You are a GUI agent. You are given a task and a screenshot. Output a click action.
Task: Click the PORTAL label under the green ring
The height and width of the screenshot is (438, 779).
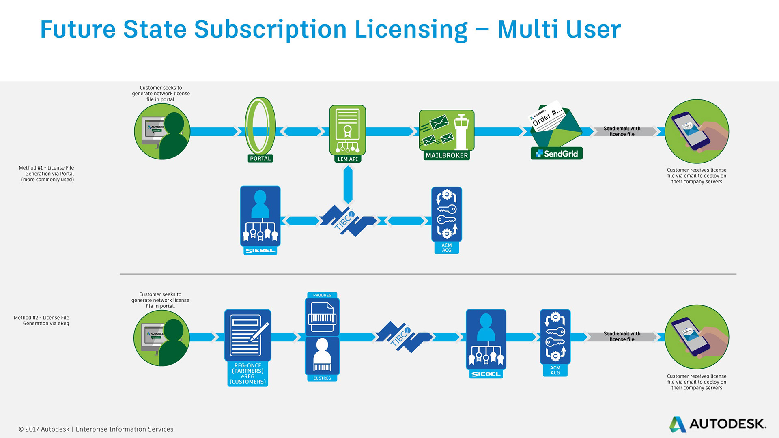point(260,159)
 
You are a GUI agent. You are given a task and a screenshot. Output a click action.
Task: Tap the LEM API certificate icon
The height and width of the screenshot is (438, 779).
point(347,130)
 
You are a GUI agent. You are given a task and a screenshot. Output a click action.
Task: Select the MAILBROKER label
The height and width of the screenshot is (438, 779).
point(446,155)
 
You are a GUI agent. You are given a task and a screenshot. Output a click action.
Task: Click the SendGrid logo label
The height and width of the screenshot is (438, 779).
point(556,154)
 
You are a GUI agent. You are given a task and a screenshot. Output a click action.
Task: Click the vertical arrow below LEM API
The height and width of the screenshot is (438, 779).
point(348,185)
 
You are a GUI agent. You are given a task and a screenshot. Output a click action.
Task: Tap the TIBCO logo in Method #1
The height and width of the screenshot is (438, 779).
point(347,220)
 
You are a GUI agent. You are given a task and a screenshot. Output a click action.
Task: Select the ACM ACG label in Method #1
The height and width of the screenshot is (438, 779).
point(446,248)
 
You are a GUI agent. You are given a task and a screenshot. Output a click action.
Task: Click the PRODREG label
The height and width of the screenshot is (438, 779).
point(322,295)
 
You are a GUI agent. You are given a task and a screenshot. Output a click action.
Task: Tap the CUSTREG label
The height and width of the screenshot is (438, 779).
point(322,378)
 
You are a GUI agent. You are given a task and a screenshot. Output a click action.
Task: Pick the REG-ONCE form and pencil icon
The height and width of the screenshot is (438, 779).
point(247,335)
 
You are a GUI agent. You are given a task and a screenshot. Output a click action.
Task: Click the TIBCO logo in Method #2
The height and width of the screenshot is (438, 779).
point(402,337)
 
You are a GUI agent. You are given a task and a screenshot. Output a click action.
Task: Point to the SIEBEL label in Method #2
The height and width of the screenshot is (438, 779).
point(486,374)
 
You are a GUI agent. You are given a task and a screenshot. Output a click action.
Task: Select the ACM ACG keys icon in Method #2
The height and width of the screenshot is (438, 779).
point(555,336)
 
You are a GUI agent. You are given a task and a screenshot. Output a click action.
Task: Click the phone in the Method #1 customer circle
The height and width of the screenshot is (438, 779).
point(691,131)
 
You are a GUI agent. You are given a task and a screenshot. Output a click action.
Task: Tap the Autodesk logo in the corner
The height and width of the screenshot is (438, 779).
point(717,424)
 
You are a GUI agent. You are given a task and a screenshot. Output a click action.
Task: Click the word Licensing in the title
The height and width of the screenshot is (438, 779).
point(411,30)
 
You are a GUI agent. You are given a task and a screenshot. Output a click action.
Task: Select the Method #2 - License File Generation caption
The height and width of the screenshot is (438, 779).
point(42,320)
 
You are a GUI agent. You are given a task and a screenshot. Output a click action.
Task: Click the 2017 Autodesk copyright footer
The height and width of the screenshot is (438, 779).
point(96,429)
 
